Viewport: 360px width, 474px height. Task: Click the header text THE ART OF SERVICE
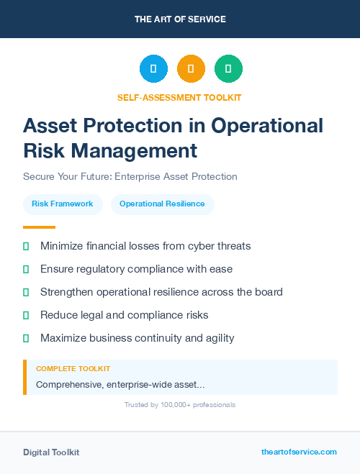(x=180, y=19)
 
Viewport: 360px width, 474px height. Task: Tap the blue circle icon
(x=153, y=69)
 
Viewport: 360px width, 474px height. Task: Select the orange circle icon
(x=191, y=69)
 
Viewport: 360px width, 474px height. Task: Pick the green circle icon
(x=228, y=69)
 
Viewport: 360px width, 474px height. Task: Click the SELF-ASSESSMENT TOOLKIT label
(x=179, y=97)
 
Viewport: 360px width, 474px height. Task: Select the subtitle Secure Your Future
(x=130, y=176)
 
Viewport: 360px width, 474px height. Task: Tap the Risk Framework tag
(x=63, y=204)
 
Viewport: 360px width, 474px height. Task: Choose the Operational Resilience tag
(x=162, y=204)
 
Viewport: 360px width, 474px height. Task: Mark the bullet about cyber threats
(x=145, y=246)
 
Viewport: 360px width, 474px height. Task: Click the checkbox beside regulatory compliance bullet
(x=26, y=269)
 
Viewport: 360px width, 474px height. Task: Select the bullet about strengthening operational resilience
(x=161, y=292)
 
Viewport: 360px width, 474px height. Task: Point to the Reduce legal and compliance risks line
(x=124, y=315)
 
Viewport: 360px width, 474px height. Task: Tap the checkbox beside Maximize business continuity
(x=26, y=338)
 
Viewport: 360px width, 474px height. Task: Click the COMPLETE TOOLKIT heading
(x=73, y=368)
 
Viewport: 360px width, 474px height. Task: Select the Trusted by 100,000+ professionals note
(x=179, y=405)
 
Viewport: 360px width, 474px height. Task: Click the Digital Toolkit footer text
(x=51, y=452)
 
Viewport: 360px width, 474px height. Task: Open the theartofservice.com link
(x=299, y=452)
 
